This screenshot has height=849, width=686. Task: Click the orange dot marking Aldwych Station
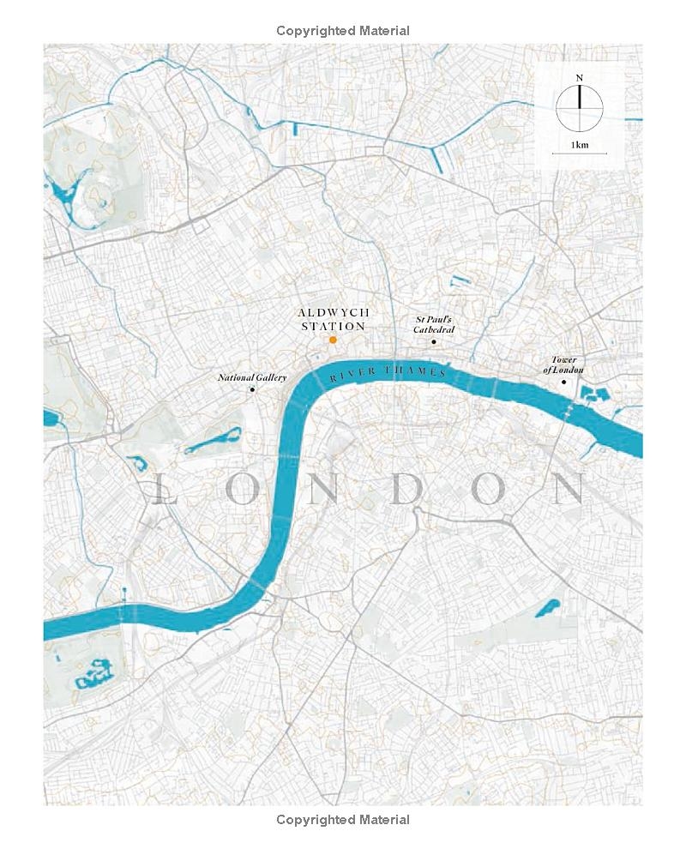point(333,340)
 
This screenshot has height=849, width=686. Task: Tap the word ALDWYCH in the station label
point(332,314)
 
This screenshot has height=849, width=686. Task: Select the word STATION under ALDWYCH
point(333,327)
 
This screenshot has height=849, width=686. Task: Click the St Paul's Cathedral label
point(433,325)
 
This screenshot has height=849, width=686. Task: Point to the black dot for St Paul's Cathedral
point(434,342)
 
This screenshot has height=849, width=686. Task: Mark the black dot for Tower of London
point(563,381)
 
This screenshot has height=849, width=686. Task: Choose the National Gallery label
point(251,377)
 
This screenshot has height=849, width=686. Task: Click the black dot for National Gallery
point(252,390)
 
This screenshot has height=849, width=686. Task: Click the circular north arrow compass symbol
point(580,108)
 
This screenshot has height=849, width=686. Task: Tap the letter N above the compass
point(580,78)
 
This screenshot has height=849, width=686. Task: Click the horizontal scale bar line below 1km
point(580,154)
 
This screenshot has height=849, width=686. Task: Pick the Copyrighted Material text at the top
point(343,31)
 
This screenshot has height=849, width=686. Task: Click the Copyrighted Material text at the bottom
point(343,820)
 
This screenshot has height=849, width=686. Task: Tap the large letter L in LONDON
point(162,489)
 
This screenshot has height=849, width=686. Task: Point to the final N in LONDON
point(569,489)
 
